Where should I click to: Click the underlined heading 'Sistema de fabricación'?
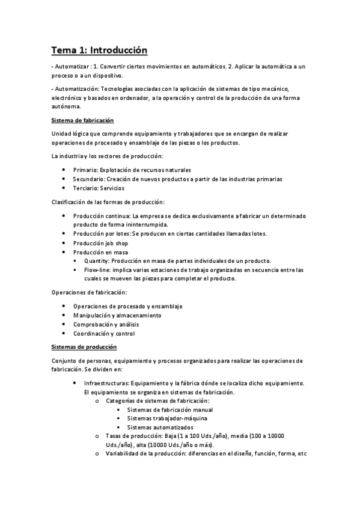(x=82, y=121)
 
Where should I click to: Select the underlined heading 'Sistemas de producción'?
(x=84, y=347)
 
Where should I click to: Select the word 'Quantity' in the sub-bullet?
(x=97, y=261)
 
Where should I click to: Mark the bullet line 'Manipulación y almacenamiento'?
(x=117, y=315)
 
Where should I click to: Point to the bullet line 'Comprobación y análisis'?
(x=106, y=324)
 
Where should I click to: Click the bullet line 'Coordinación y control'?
(x=104, y=333)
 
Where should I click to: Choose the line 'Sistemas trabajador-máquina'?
(x=158, y=419)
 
